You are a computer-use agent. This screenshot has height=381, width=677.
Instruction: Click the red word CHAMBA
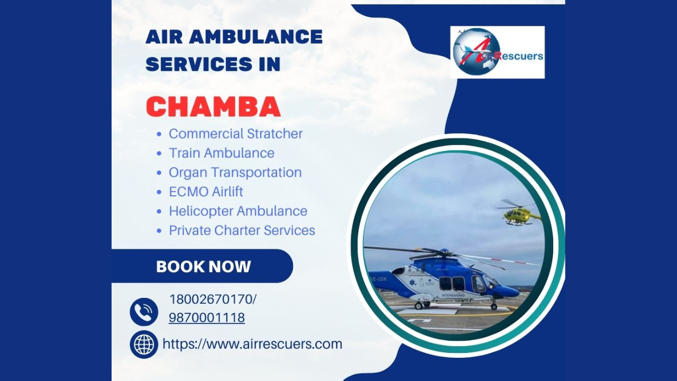pyautogui.click(x=213, y=107)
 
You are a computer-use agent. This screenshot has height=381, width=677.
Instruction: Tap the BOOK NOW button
pyautogui.click(x=203, y=266)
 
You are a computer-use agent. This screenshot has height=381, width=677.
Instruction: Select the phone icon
pyautogui.click(x=144, y=312)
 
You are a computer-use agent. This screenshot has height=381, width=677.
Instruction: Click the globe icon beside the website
pyautogui.click(x=144, y=344)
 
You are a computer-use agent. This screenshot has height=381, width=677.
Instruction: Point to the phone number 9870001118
pyautogui.click(x=207, y=317)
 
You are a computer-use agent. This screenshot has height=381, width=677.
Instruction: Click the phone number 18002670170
pyautogui.click(x=211, y=299)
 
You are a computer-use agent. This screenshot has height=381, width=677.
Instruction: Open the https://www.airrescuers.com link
pyautogui.click(x=252, y=344)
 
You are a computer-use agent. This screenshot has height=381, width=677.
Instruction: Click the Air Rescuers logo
pyautogui.click(x=497, y=52)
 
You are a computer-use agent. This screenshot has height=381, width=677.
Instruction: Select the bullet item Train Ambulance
pyautogui.click(x=221, y=153)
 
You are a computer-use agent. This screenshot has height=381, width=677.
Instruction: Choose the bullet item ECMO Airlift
pyautogui.click(x=206, y=192)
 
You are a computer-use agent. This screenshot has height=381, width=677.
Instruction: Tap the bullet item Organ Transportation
pyautogui.click(x=235, y=173)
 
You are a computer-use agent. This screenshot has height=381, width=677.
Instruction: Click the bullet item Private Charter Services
pyautogui.click(x=242, y=230)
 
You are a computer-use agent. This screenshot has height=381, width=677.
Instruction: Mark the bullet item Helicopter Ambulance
pyautogui.click(x=238, y=211)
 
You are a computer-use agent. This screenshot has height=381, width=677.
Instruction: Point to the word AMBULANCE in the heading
pyautogui.click(x=255, y=37)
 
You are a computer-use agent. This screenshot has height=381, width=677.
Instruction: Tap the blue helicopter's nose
pyautogui.click(x=513, y=291)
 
